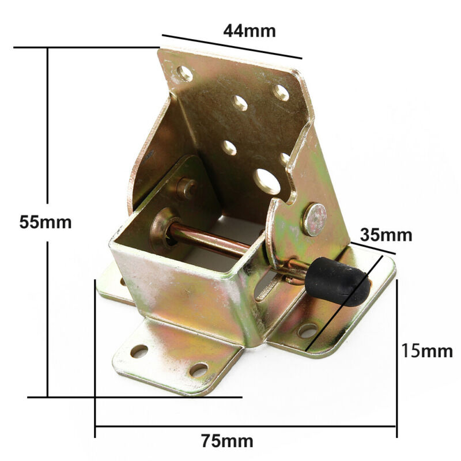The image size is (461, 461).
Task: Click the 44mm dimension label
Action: pyautogui.click(x=250, y=31)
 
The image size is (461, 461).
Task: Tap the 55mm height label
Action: pyautogui.click(x=46, y=222)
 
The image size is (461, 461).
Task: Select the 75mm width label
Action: pyautogui.click(x=227, y=441)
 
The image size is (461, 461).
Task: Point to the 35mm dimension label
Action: pyautogui.click(x=386, y=235)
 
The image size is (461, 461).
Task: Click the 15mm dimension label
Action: pyautogui.click(x=427, y=351)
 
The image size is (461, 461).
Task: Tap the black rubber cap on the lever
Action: pyautogui.click(x=337, y=281)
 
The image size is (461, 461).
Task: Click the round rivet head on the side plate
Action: pyautogui.click(x=315, y=220)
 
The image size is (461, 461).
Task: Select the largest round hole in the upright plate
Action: pyautogui.click(x=267, y=182)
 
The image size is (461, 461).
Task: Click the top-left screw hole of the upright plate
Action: pyautogui.click(x=185, y=74)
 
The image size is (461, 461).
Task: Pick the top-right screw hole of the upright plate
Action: pyautogui.click(x=281, y=92)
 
